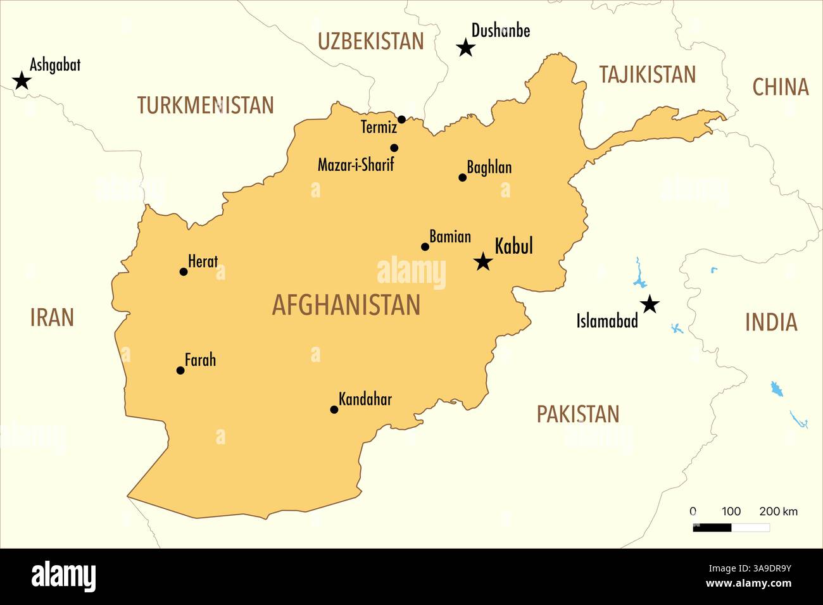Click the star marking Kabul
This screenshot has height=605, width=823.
pos(483,261)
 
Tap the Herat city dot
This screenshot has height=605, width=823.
pos(184,272)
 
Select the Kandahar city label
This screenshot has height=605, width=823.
pos(365,399)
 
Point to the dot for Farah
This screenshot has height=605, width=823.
pos(180,370)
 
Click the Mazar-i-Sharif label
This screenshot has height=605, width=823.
pos(356,165)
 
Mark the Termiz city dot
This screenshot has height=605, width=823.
pos(401,120)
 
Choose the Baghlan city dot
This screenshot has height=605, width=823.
pos(462,178)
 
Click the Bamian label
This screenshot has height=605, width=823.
pos(450,237)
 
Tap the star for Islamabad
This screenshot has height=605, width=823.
pos(650,305)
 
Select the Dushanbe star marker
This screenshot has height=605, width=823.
pos(466,47)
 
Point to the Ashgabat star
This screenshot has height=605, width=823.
pos(22,81)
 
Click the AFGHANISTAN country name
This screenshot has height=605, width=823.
pos(346,305)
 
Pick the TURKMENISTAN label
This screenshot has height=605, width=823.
pos(206,105)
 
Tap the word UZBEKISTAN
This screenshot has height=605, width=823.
pos(370,41)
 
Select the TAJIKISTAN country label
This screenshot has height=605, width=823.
pos(647,75)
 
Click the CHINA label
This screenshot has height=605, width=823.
pos(780,87)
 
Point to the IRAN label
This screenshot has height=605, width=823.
pos(52,318)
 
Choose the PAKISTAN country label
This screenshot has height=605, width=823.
pos(578,415)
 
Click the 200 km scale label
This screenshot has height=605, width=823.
pos(778,511)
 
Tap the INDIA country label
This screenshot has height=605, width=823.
pos(770,323)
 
